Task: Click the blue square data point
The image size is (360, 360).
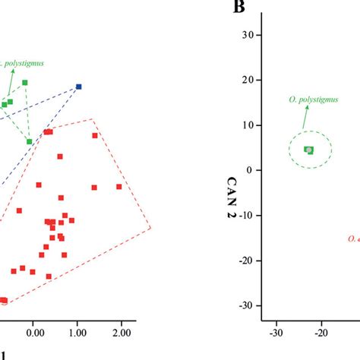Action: coord(79,87)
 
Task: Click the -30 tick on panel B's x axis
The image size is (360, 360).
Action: coord(276,331)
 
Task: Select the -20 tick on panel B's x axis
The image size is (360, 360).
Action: coord(321,331)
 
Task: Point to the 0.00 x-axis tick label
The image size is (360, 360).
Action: coord(33,332)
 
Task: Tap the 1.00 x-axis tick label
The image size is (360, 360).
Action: coord(77,332)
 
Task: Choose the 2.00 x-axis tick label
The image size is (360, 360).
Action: coord(120,332)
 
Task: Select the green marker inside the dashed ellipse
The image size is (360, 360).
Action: coord(309,150)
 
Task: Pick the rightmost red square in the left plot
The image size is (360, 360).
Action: coord(118,187)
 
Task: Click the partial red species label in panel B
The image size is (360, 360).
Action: coord(353,238)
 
